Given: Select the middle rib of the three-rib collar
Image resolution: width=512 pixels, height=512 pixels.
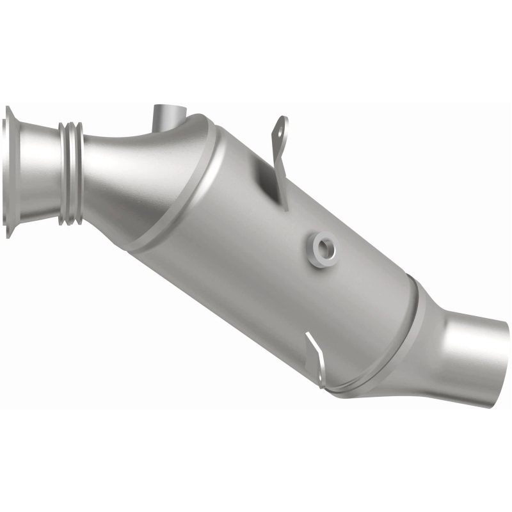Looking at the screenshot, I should [70, 173].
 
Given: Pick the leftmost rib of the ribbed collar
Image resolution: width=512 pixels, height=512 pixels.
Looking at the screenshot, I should [63, 173].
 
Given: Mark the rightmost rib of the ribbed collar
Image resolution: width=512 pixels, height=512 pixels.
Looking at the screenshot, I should [78, 173].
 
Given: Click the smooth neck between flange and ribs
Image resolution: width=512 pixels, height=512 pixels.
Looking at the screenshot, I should [38, 172].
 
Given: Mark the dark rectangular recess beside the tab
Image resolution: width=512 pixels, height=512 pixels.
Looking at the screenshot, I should [264, 182].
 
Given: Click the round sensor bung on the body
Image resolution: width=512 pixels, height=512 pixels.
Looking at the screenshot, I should [322, 248].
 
